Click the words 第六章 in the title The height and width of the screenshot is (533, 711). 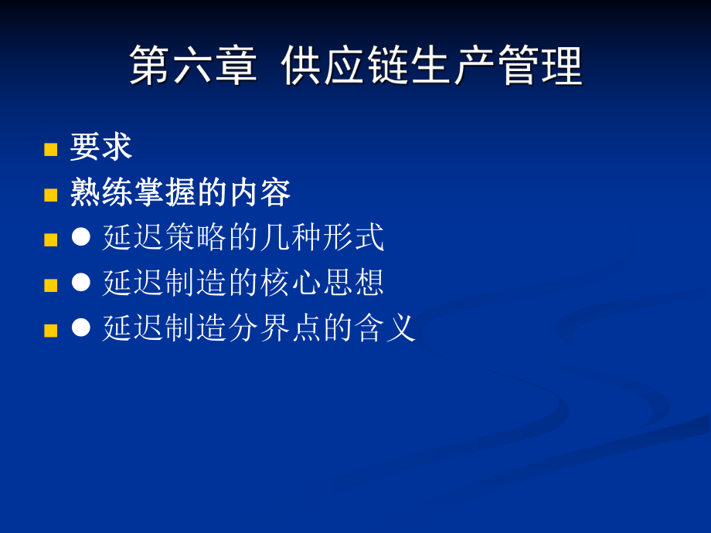[x=192, y=66]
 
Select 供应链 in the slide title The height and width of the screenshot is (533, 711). [x=344, y=66]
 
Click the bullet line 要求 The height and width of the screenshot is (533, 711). [x=101, y=147]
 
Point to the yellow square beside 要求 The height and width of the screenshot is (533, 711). [x=51, y=149]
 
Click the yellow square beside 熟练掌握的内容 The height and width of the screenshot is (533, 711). [x=51, y=195]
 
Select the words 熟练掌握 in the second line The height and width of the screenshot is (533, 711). [x=133, y=192]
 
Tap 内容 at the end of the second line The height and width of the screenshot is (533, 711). [x=259, y=192]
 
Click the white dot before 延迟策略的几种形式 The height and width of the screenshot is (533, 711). [x=81, y=237]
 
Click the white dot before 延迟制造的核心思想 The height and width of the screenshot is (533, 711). [x=81, y=282]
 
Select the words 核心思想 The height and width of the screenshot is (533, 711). [x=322, y=283]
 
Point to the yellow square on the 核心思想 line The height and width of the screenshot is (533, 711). [x=51, y=285]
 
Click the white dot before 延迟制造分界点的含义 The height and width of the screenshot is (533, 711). [x=81, y=327]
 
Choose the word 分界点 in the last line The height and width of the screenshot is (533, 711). [x=275, y=328]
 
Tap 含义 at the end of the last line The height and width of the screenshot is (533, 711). [x=386, y=328]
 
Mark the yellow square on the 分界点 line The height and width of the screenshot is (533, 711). [x=51, y=331]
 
